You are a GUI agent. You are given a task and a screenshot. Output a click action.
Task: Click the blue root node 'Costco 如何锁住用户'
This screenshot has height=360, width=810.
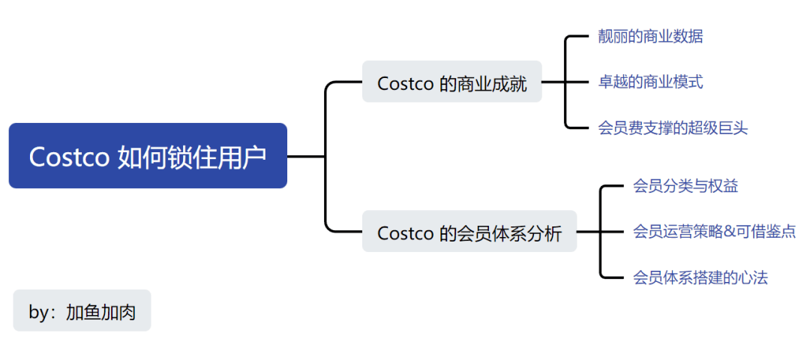click(x=148, y=156)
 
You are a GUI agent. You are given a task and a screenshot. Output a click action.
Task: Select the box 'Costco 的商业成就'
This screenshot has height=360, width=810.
click(x=451, y=82)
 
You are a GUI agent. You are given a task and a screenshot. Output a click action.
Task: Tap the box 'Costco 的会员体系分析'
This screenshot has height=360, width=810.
click(x=469, y=232)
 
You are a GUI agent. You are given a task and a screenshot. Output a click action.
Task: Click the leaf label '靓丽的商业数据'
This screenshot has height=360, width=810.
click(x=650, y=36)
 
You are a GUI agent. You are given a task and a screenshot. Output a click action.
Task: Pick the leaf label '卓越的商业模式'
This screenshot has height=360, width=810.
click(x=650, y=82)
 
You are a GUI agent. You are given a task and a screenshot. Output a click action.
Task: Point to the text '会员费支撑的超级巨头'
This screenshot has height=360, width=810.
click(x=673, y=127)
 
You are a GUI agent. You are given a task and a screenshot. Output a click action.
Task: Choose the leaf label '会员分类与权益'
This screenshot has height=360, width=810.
click(x=685, y=186)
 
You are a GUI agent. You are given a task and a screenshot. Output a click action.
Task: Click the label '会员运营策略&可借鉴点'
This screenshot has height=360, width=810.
click(x=714, y=232)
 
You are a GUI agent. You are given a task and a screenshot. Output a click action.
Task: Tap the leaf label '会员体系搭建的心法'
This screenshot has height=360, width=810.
click(x=700, y=277)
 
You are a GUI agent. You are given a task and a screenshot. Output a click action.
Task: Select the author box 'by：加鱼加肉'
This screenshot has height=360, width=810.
click(x=82, y=311)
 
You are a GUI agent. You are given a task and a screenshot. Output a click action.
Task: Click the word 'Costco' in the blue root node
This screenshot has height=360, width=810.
click(x=69, y=156)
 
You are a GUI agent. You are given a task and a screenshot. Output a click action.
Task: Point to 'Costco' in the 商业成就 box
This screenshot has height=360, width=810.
click(x=406, y=82)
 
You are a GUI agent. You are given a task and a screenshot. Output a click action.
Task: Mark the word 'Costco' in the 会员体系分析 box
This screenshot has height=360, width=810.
click(x=406, y=232)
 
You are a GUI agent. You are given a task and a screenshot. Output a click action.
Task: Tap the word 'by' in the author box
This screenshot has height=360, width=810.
click(x=37, y=312)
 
